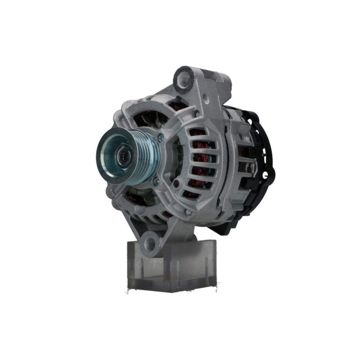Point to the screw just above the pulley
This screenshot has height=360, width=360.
pos(160,136)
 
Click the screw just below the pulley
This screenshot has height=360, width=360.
pos(156,182)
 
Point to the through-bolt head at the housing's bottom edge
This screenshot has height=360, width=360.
pos(188,212)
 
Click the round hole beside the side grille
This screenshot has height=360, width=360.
pos(176,184)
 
